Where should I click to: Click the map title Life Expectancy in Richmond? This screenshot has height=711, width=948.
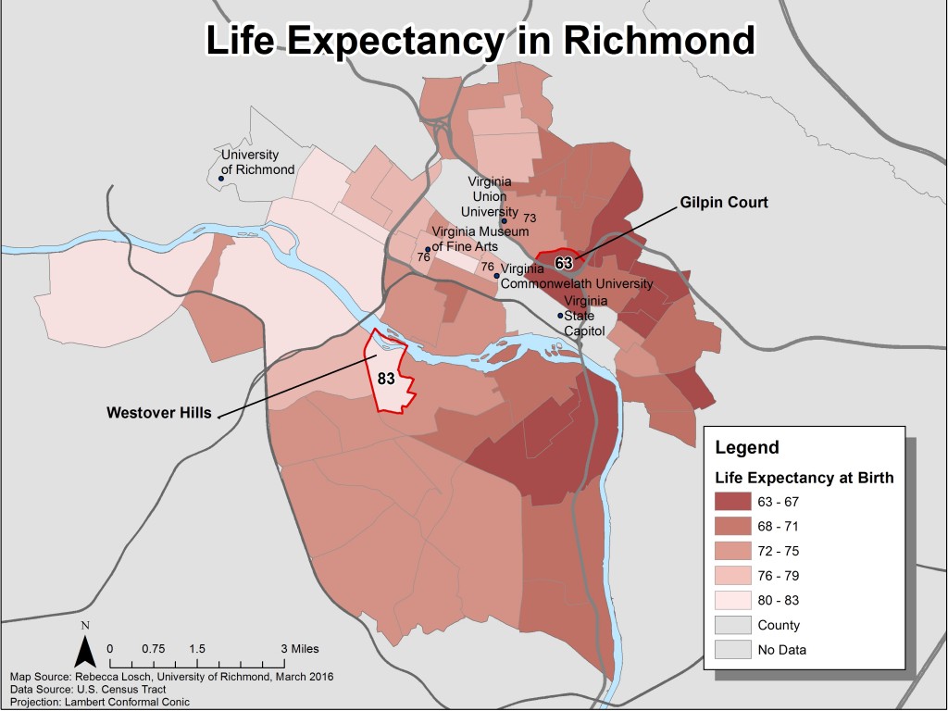coord(480,41)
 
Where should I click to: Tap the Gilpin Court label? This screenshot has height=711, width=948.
coord(724,202)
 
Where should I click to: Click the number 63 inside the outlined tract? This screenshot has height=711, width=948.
coord(564,263)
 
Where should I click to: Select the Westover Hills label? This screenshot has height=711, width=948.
coord(158,412)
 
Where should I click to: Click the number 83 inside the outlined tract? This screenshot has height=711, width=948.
coord(386,379)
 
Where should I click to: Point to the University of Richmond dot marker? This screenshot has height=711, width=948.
coord(221,177)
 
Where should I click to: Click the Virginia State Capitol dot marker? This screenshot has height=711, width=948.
coord(560,316)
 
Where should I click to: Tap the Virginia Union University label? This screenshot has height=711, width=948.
coord(491,197)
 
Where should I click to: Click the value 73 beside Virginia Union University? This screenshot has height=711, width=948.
coord(530,218)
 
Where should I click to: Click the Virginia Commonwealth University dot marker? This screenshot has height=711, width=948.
coord(496,275)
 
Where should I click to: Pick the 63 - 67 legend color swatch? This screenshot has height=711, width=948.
coord(731,502)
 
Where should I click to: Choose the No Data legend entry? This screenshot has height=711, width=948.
coord(781,650)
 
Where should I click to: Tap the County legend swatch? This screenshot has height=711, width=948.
coord(731,625)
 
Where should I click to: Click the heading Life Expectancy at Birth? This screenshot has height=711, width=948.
coord(805,478)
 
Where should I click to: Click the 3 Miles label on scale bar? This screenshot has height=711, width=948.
coord(298,649)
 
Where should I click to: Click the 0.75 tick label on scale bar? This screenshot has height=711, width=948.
coord(153,649)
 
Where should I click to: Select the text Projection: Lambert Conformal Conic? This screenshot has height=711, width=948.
coord(100,701)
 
